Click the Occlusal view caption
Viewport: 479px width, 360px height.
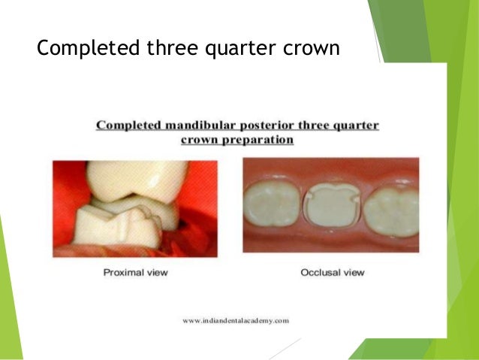pos(332,272)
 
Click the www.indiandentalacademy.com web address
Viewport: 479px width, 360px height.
pos(236,320)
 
